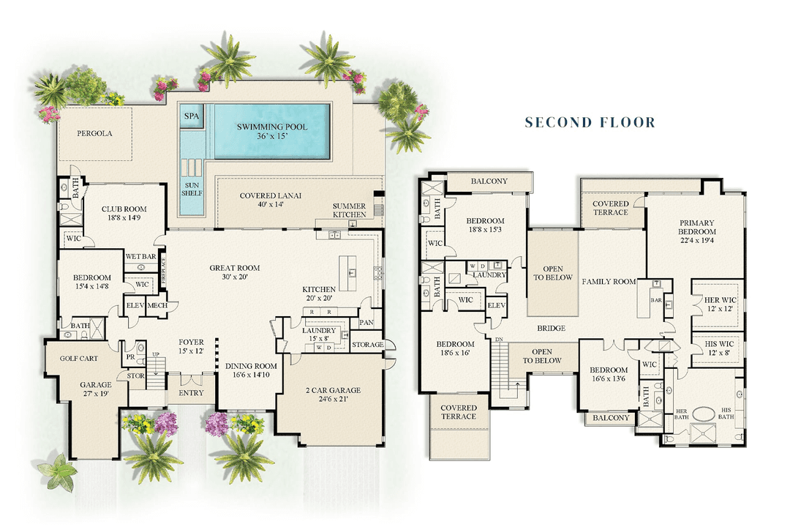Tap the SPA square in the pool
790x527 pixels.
pyautogui.click(x=191, y=116)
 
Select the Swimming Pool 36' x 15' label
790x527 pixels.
pyautogui.click(x=271, y=132)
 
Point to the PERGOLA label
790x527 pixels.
pyautogui.click(x=95, y=134)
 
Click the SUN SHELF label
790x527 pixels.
pyautogui.click(x=191, y=190)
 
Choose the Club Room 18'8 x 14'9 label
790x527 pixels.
pyautogui.click(x=121, y=213)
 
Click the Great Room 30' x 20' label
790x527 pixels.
pyautogui.click(x=235, y=272)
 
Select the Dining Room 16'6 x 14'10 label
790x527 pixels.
pyautogui.click(x=251, y=371)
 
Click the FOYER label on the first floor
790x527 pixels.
pyautogui.click(x=191, y=346)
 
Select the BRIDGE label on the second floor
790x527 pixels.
pyautogui.click(x=551, y=329)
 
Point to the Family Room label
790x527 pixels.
pyautogui.click(x=609, y=282)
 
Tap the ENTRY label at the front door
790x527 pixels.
pyautogui.click(x=191, y=393)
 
